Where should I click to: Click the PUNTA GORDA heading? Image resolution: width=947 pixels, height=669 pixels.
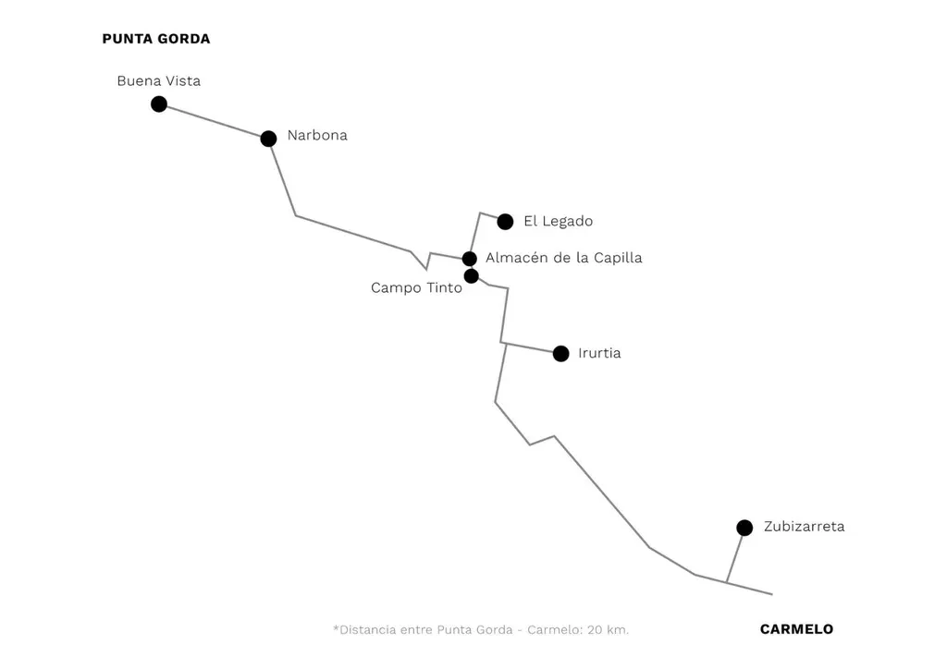point(156,39)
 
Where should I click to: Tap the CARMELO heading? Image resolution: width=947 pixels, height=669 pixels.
point(796,629)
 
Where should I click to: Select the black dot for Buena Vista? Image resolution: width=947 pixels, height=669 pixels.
point(159,103)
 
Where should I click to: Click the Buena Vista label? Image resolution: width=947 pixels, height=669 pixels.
point(158,81)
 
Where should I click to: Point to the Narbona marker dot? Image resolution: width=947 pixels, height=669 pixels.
point(268,139)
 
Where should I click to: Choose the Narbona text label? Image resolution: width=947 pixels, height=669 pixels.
point(317,135)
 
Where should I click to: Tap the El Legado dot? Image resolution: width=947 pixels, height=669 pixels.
point(505,222)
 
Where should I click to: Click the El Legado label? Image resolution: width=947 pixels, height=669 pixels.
point(558,222)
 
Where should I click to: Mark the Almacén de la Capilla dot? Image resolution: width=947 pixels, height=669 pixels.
point(470,259)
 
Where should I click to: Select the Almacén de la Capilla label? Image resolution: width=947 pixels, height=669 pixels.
point(563,258)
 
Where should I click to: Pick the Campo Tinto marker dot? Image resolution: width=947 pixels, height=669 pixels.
point(472,275)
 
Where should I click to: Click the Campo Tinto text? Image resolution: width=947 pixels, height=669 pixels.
point(416,288)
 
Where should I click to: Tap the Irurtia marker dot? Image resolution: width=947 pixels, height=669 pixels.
point(560,354)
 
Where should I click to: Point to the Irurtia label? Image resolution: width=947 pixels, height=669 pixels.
point(599,353)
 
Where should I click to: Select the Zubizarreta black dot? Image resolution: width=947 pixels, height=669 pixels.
point(744,528)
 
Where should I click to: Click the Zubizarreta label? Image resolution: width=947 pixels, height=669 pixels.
point(804,527)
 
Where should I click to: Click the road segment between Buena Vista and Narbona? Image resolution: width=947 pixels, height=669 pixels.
point(214,121)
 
